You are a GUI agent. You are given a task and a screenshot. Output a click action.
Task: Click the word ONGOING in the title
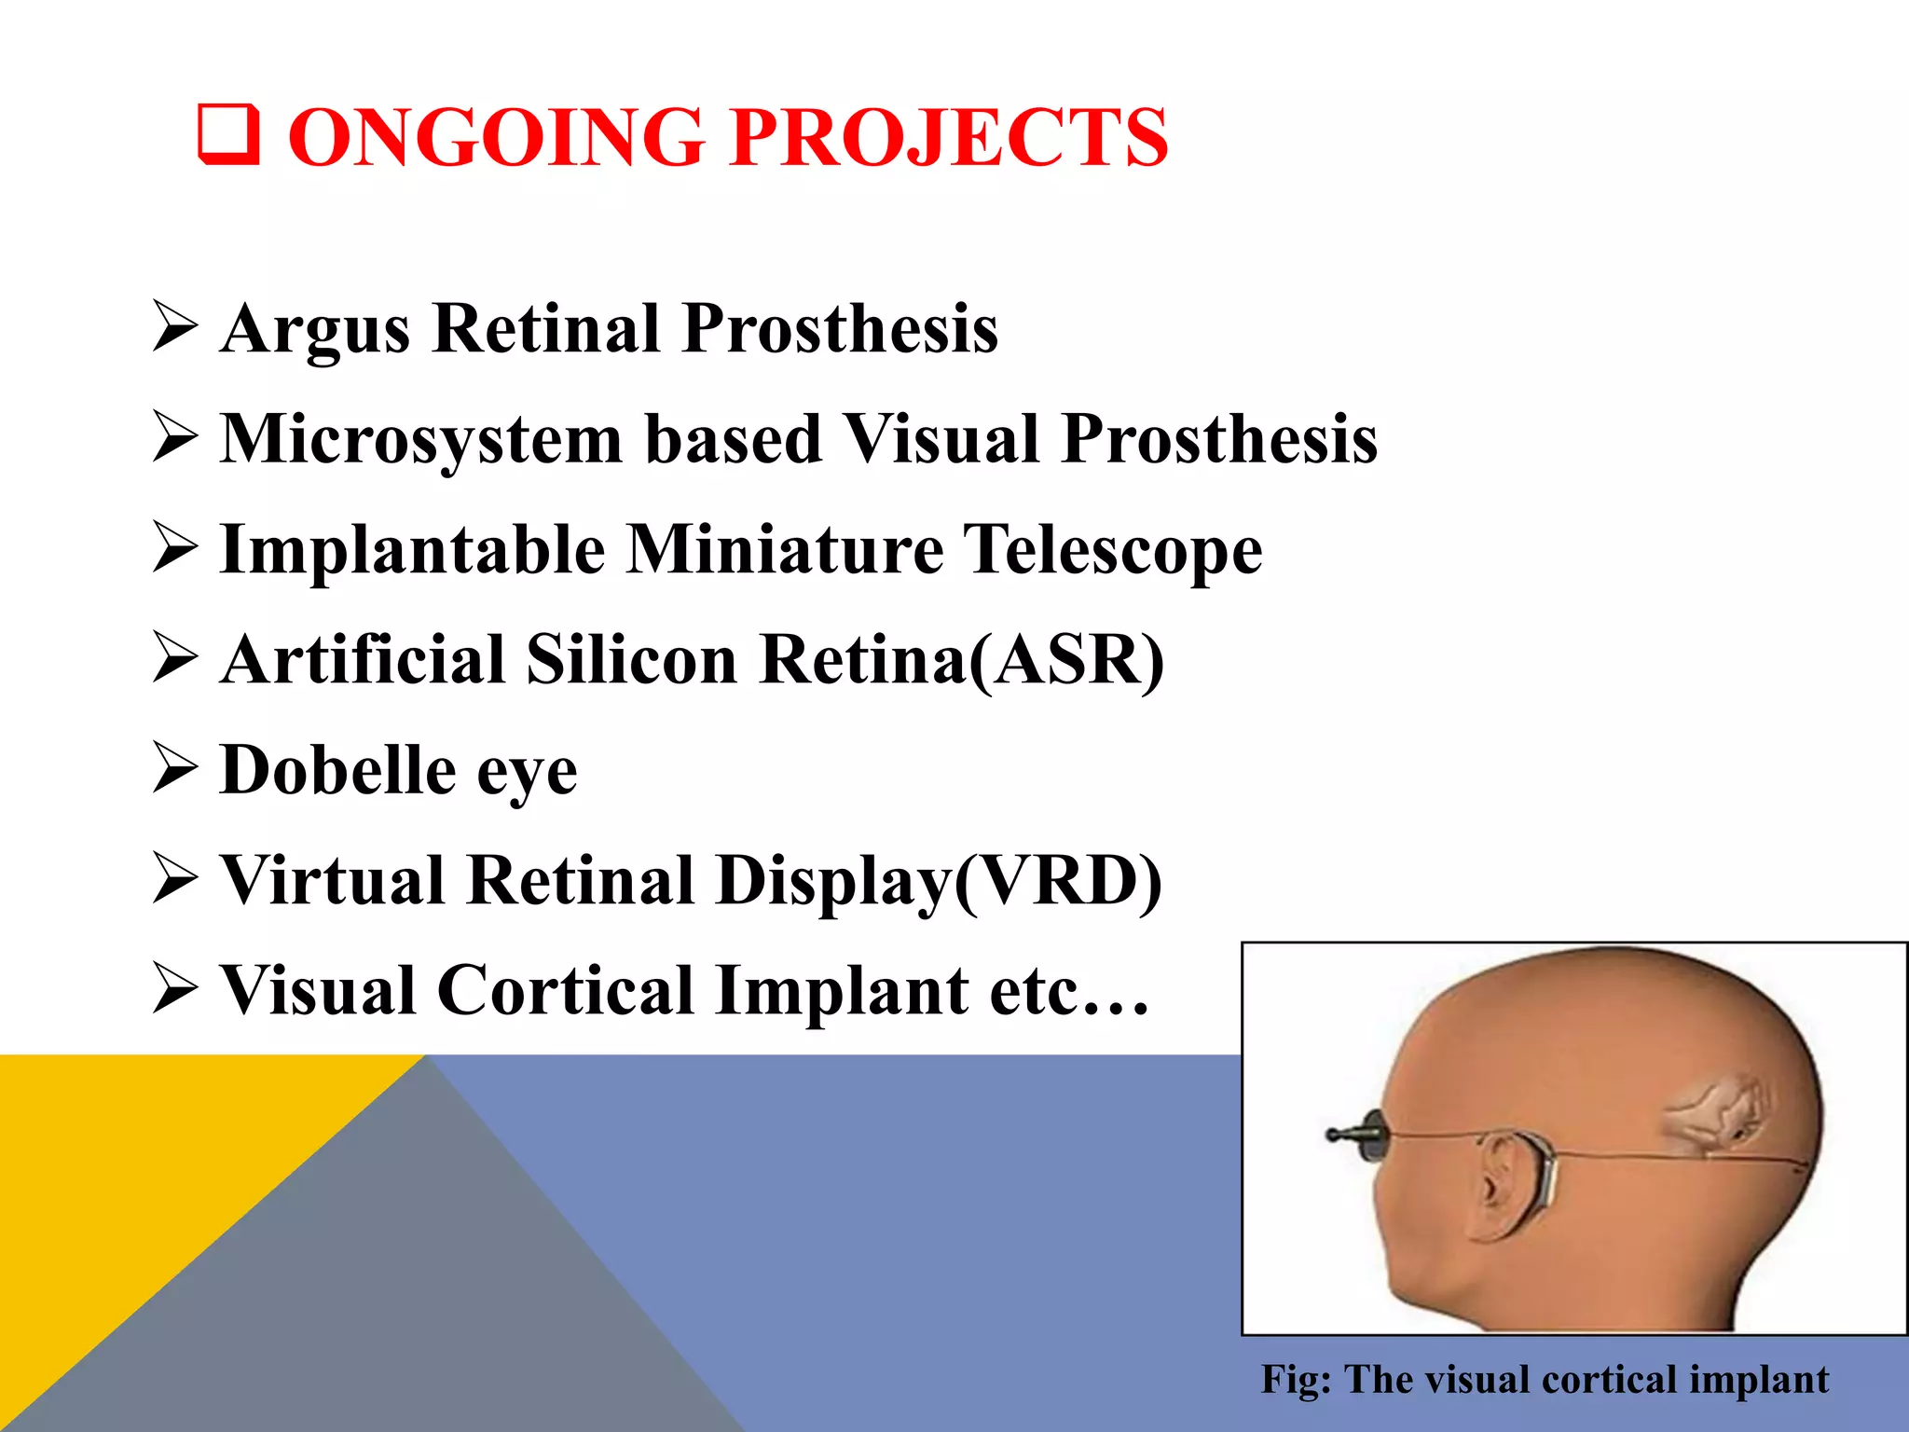(x=495, y=138)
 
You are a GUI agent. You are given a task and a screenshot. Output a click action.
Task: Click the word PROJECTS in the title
(x=948, y=138)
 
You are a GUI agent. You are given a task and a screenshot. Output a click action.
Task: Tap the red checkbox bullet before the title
(x=227, y=136)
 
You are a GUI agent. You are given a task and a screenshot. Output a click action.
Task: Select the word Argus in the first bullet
(x=315, y=330)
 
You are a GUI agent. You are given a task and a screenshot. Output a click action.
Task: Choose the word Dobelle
(x=338, y=770)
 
